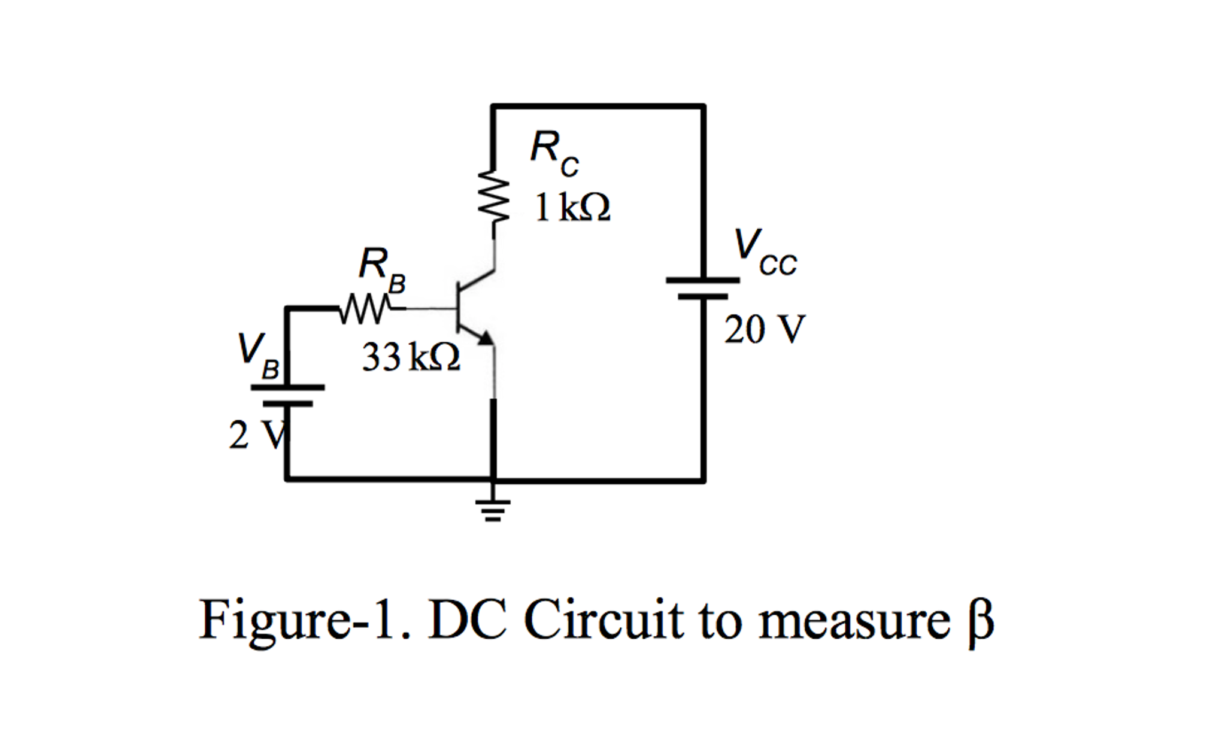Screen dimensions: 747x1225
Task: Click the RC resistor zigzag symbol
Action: pos(493,196)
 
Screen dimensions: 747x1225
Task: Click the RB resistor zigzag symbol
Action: pos(365,309)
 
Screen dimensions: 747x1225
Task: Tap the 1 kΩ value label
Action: pos(572,208)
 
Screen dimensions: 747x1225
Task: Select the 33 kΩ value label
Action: pos(411,357)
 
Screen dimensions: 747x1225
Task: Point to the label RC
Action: pos(554,153)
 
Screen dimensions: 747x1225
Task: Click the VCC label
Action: pos(765,253)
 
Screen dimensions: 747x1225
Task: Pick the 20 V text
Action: pos(764,330)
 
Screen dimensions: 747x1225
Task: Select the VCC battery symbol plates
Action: pos(703,288)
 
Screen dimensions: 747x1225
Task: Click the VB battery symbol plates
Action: pos(287,396)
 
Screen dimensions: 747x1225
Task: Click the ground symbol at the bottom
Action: pos(493,508)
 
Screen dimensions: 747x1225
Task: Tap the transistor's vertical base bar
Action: pos(457,308)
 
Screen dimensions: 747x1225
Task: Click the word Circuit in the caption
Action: pos(604,620)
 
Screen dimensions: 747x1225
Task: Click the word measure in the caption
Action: pos(854,621)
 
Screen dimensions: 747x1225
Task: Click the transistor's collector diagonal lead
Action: pos(477,280)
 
